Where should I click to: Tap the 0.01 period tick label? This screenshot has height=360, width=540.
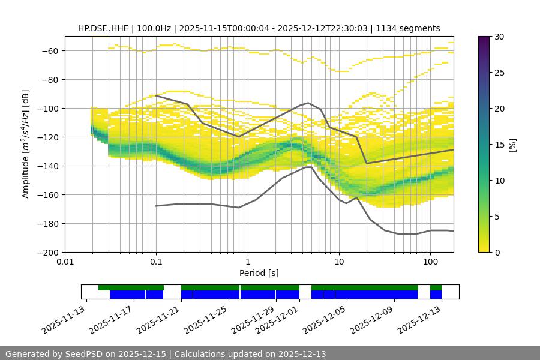[65, 262]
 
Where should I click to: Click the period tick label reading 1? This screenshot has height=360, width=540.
[248, 262]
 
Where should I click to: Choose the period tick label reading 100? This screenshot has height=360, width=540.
[430, 262]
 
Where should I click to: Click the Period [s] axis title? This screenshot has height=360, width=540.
[259, 273]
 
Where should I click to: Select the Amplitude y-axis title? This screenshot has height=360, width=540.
[25, 144]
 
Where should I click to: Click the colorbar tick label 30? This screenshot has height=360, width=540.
[499, 37]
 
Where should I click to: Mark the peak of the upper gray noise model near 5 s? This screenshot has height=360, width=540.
[308, 103]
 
